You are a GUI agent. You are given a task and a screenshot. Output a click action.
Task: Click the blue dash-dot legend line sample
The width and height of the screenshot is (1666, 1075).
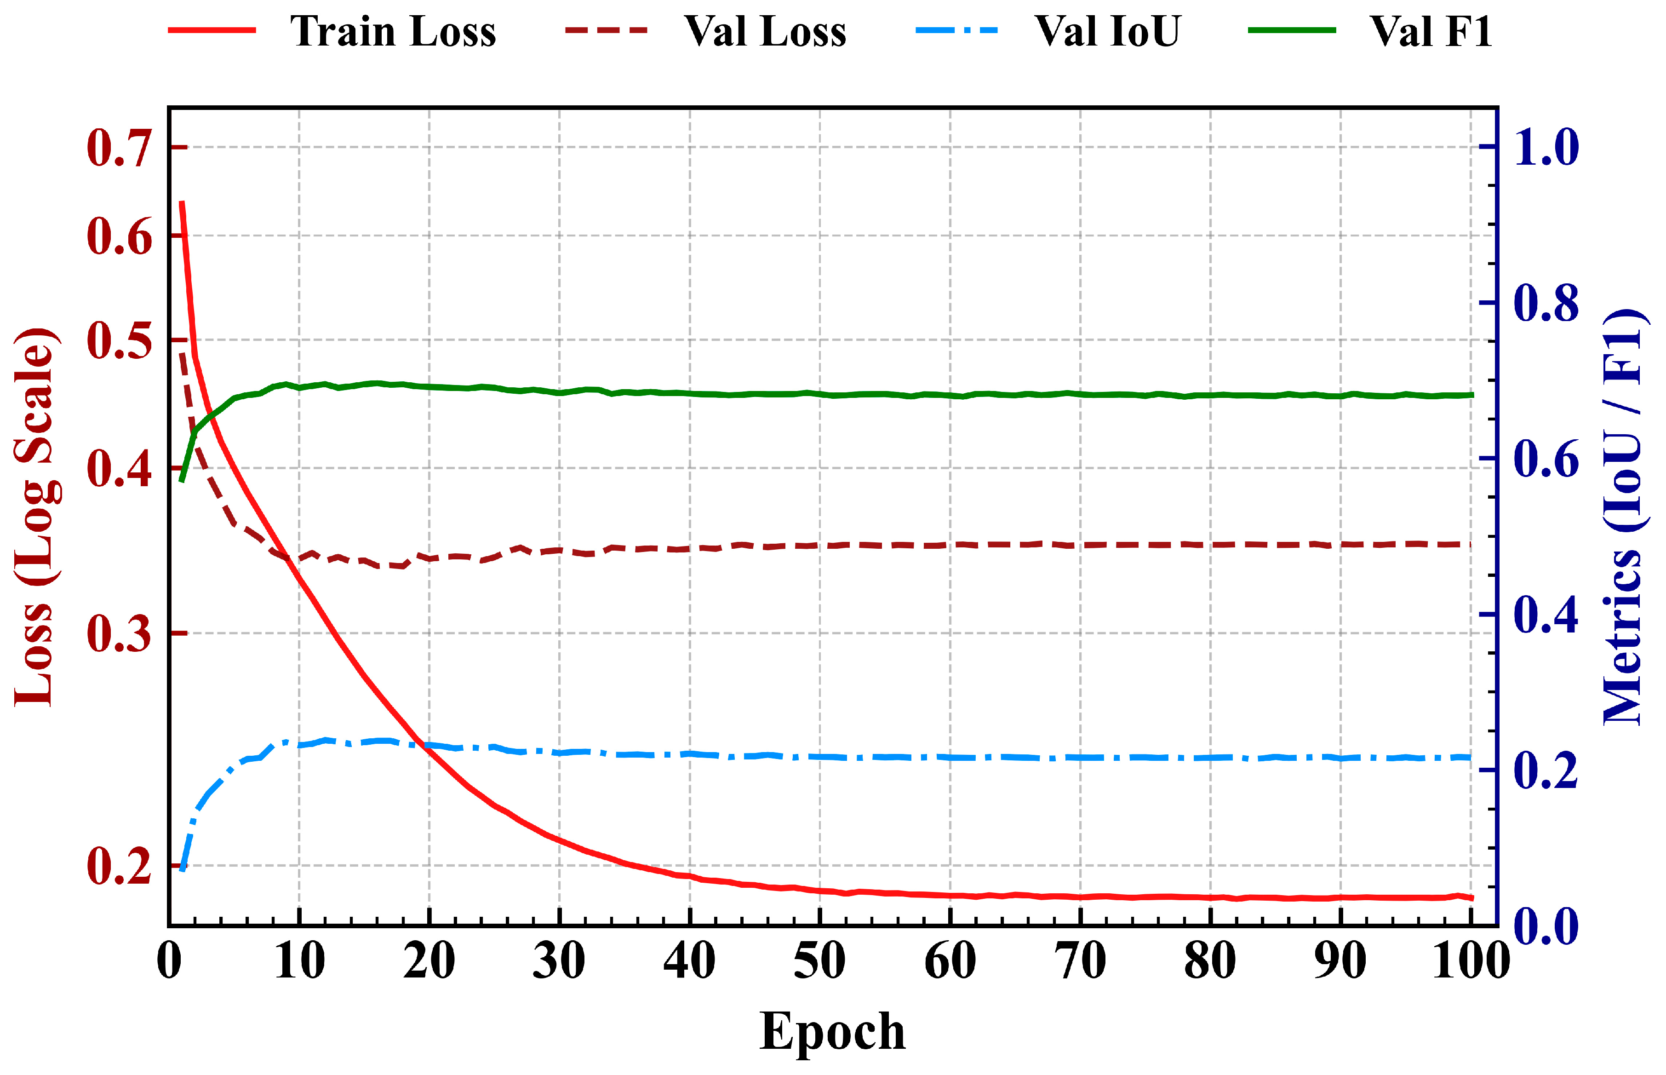tap(956, 31)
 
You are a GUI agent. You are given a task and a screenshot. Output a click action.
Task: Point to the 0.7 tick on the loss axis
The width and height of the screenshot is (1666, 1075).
tap(119, 148)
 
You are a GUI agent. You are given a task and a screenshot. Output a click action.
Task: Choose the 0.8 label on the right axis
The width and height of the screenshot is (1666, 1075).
tap(1546, 303)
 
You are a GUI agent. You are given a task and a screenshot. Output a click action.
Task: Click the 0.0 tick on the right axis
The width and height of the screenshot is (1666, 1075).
tap(1546, 926)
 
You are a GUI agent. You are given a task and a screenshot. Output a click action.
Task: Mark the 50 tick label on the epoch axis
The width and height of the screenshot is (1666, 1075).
tap(820, 961)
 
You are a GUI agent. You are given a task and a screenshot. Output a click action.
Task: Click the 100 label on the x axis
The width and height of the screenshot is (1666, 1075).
tap(1471, 961)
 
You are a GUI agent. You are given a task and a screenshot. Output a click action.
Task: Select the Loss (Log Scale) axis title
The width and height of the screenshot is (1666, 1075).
tap(35, 517)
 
